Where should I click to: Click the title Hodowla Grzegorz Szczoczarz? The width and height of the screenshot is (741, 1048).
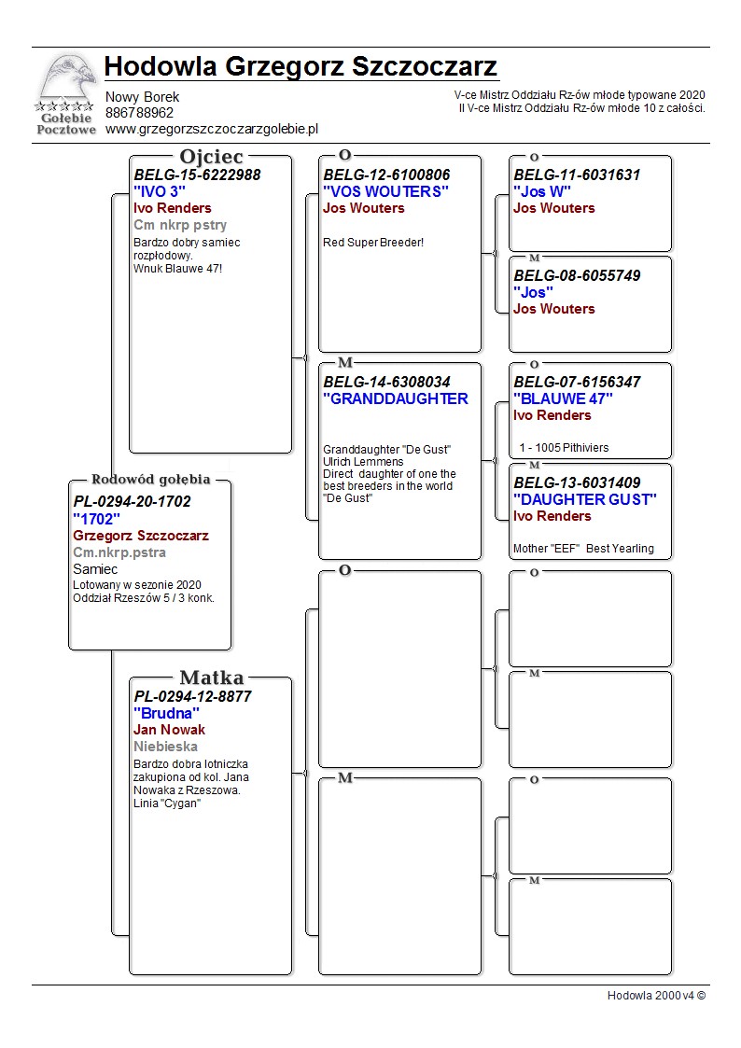tap(301, 67)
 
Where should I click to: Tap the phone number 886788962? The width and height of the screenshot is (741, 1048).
tap(139, 113)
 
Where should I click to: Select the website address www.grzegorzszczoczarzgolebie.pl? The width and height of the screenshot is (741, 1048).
tap(212, 130)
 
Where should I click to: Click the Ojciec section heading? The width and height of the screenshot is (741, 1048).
tap(211, 157)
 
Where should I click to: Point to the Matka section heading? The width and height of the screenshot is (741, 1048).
tap(211, 678)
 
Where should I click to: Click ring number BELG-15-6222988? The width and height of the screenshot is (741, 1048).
tap(197, 175)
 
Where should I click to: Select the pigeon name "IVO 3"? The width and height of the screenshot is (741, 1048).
tap(160, 191)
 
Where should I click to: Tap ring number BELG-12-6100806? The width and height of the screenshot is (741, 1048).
tap(386, 175)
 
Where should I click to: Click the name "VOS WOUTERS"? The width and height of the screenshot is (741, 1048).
tap(385, 191)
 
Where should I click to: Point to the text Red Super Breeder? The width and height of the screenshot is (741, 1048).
tap(373, 243)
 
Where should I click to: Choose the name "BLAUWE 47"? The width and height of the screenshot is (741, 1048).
tap(563, 398)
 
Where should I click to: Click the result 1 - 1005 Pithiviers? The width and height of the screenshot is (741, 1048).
tap(564, 448)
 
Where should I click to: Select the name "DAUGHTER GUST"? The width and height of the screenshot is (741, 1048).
tap(585, 499)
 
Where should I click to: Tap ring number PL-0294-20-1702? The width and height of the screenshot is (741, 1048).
tap(132, 501)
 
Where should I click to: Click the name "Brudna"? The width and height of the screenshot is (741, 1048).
tap(166, 713)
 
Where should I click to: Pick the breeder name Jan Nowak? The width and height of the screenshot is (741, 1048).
tap(169, 730)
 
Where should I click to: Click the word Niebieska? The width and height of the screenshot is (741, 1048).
tap(165, 747)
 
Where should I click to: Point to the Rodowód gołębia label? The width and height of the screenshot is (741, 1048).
tap(150, 480)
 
